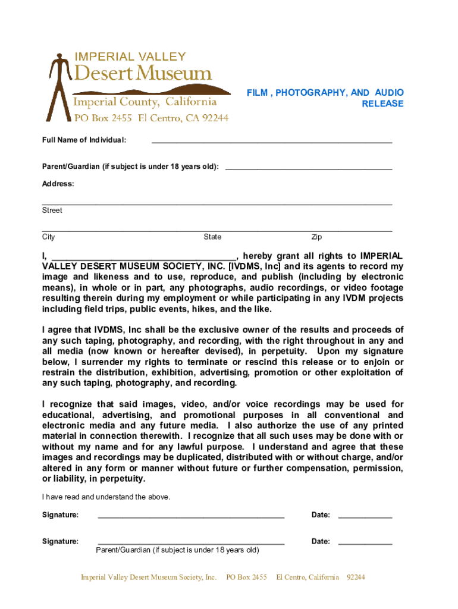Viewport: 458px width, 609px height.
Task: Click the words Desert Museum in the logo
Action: click(x=142, y=74)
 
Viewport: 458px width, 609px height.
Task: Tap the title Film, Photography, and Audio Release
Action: click(x=325, y=98)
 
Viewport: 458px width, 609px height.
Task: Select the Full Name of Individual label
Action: click(x=84, y=140)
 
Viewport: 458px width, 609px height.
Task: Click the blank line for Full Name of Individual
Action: click(x=272, y=142)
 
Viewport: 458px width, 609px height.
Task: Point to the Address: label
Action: click(x=58, y=184)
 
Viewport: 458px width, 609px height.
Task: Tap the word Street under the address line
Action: click(x=52, y=211)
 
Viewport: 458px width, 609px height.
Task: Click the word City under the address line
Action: click(x=49, y=237)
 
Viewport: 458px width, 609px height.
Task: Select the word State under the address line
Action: click(x=212, y=237)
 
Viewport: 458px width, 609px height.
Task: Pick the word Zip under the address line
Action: click(x=316, y=237)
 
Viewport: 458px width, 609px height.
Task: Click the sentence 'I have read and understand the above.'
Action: click(x=106, y=497)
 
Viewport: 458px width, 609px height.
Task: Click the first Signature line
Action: click(x=191, y=516)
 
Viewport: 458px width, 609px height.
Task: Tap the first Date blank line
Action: click(x=365, y=516)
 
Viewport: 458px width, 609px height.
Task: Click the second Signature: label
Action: click(x=60, y=541)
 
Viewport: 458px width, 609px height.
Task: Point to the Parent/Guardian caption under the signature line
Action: click(x=177, y=550)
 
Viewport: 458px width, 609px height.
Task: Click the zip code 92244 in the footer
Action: click(x=356, y=577)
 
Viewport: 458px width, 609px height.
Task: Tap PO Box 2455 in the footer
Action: click(x=247, y=577)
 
